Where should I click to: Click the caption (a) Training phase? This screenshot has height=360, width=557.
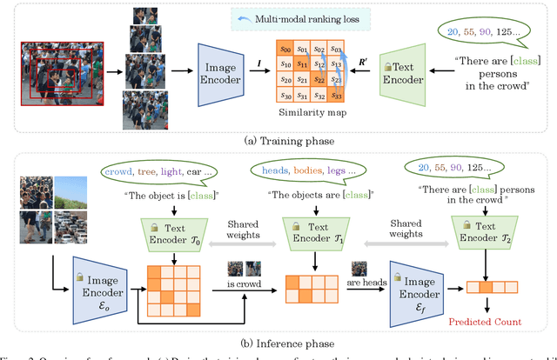[277, 138]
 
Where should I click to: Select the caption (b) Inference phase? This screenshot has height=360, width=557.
[277, 346]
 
